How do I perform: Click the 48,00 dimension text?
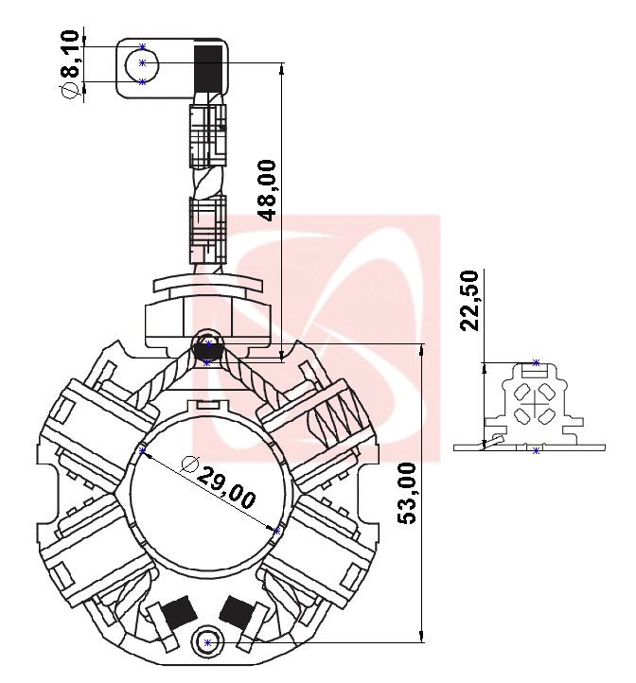tap(268, 190)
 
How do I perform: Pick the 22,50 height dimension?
tap(470, 300)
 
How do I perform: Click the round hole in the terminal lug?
tap(143, 63)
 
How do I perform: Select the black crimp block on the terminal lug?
tap(209, 66)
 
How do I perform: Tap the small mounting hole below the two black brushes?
tap(208, 643)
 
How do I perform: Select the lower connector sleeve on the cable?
tap(207, 228)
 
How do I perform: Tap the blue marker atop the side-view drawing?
tap(537, 362)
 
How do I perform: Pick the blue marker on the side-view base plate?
tap(537, 450)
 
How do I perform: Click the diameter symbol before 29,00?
tap(189, 464)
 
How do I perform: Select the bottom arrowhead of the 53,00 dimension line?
tap(422, 637)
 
